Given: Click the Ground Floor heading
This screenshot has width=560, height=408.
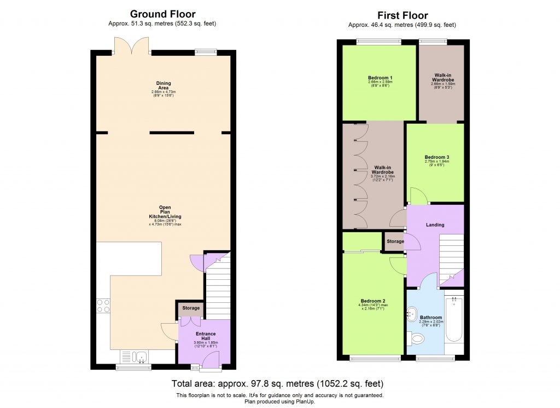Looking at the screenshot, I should (x=162, y=14).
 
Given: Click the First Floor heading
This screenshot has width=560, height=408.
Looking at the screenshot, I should (x=402, y=15).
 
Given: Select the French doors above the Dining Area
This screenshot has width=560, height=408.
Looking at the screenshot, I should (x=132, y=46).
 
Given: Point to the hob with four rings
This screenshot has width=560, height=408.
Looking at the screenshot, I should (x=103, y=305).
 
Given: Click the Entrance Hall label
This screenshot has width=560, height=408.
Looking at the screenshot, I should (x=206, y=336).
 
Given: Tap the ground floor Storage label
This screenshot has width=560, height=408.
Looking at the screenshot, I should (x=191, y=308).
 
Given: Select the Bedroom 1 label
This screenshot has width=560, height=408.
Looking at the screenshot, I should (x=379, y=78).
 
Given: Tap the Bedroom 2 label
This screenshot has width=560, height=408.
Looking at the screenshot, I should (x=372, y=301).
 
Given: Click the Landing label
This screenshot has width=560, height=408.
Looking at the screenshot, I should (x=435, y=225).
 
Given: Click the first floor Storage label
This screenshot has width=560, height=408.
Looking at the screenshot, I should (x=395, y=242).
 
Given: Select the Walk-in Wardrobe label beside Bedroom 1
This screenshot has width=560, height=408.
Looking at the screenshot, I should (x=442, y=77).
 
